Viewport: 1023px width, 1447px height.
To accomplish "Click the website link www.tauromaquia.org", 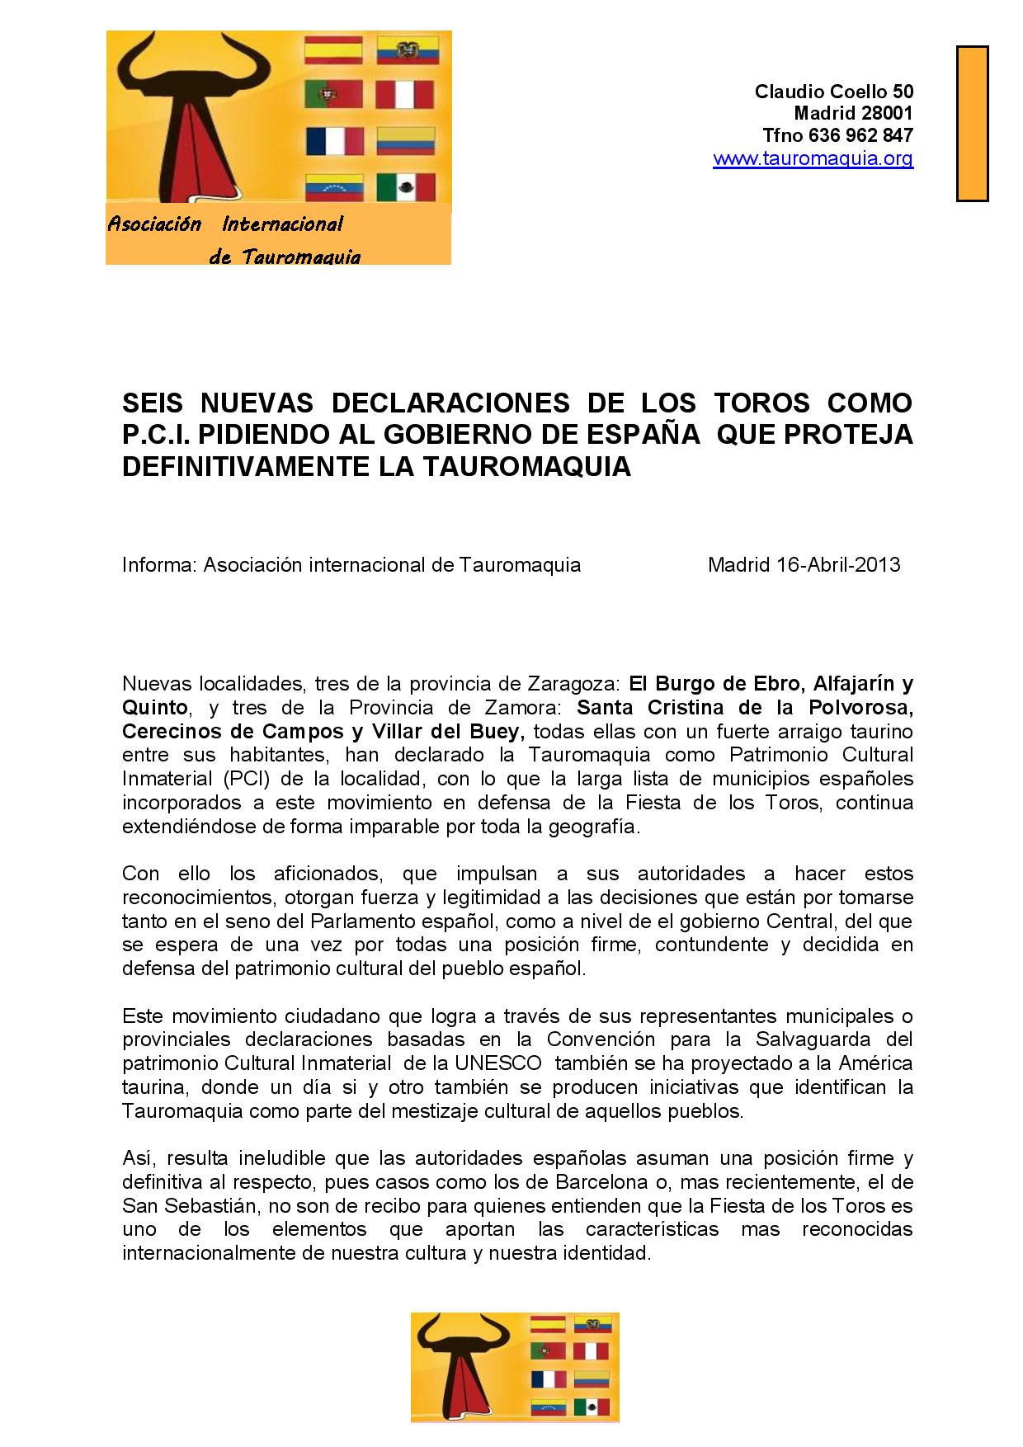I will (x=813, y=158).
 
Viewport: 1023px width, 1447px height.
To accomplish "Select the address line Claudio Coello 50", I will (x=833, y=91).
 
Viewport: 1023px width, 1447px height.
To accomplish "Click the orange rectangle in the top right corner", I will (x=972, y=123).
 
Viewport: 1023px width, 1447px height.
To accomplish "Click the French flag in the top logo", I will (x=333, y=141).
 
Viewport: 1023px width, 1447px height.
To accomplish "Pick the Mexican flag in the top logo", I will (x=405, y=186).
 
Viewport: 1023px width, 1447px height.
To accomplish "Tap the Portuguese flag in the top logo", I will (x=333, y=94).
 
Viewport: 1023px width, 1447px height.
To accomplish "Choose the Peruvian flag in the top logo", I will (x=405, y=94).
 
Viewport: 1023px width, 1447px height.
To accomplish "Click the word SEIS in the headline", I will (x=155, y=403).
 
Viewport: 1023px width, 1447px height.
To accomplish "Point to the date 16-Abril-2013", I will (x=838, y=565).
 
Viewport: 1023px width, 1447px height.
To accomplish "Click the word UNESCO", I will (x=507, y=1063).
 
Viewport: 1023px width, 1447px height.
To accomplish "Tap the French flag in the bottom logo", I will (x=548, y=1379).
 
